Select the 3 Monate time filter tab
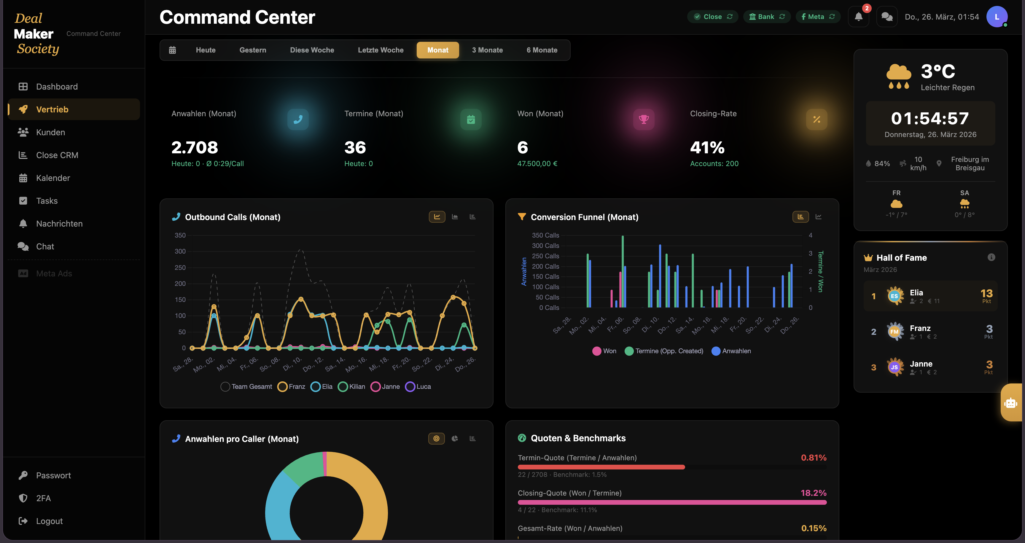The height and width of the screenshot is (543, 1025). (487, 50)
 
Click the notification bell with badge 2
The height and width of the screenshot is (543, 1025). (858, 17)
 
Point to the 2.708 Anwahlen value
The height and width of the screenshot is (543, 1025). (195, 148)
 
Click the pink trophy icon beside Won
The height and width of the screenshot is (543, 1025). (643, 119)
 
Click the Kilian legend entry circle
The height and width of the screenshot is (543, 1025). (342, 387)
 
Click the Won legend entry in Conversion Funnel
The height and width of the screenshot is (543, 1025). (604, 351)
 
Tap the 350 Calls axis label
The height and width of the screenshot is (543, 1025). (545, 235)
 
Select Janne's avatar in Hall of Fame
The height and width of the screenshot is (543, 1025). (894, 367)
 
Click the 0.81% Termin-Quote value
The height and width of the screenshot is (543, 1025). (813, 458)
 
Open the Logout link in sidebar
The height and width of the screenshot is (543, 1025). (49, 521)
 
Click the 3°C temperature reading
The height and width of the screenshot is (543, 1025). (938, 71)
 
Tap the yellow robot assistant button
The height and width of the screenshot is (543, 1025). (1011, 403)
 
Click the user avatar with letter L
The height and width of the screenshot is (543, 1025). (996, 17)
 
